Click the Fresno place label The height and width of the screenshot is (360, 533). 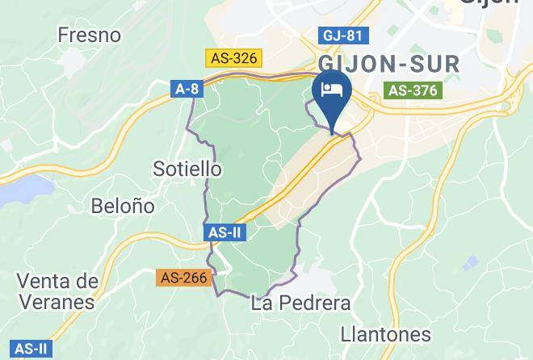point(90,36)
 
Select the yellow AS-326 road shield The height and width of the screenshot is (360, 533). point(233,58)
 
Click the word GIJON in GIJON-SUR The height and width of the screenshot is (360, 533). point(357,65)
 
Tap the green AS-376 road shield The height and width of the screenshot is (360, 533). point(413,90)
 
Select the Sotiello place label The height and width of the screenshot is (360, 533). point(187,169)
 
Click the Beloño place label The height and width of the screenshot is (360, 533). point(124,206)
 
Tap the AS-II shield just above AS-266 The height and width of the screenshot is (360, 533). point(224,232)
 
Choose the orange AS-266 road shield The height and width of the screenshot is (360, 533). point(184,278)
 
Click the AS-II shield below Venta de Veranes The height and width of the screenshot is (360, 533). point(32,350)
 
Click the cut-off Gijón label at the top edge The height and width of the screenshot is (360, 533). point(489,3)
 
